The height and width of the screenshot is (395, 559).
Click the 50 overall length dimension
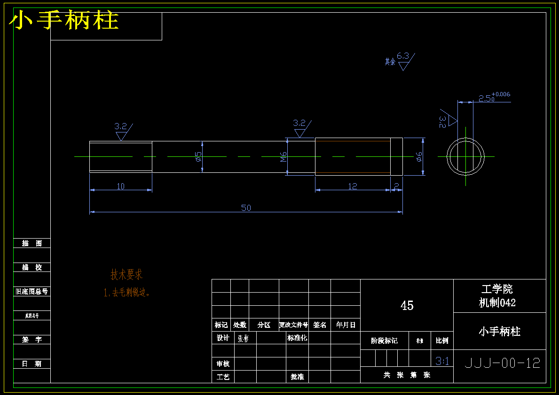tap(246, 208)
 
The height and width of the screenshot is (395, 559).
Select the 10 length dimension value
tap(121, 186)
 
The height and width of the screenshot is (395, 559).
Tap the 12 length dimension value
tap(353, 186)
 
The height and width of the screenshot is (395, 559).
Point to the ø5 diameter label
tap(198, 156)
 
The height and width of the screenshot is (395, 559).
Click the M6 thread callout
tap(283, 157)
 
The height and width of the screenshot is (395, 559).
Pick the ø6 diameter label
tap(419, 157)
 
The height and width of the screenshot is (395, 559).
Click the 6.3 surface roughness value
tap(403, 56)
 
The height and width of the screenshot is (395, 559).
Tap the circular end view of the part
tap(465, 157)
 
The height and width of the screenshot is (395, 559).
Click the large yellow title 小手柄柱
tap(64, 21)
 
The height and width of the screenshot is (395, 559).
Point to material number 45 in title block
tap(407, 306)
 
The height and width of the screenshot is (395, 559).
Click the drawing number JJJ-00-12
tap(502, 363)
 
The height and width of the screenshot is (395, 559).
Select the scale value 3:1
tap(442, 361)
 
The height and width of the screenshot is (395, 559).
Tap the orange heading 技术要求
tap(126, 275)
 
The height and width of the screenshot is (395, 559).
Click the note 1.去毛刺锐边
tap(127, 293)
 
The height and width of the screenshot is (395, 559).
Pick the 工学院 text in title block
tap(497, 289)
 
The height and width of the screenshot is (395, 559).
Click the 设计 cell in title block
tap(223, 338)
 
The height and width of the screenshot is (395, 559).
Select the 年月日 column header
tap(346, 325)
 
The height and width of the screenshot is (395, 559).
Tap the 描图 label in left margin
tap(32, 243)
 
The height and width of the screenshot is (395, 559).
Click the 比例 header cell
tap(442, 341)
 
